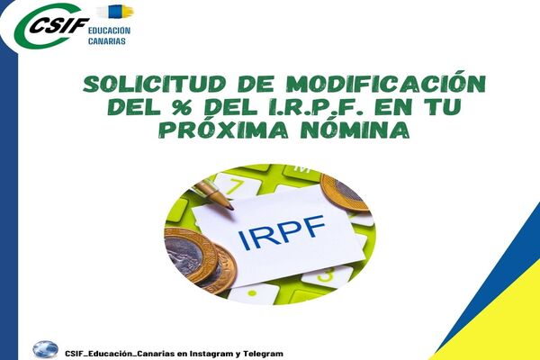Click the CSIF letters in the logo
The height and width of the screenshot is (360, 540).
[x=59, y=25]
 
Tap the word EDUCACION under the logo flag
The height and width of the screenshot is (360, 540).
[x=109, y=31]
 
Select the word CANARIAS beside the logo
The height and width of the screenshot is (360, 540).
[x=107, y=41]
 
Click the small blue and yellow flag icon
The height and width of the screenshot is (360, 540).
[x=116, y=12]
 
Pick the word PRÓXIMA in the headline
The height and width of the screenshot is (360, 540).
[x=223, y=129]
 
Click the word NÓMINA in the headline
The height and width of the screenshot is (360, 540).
[x=355, y=129]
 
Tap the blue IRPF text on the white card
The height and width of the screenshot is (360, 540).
[x=282, y=232]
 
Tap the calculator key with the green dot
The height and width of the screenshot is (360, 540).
[x=253, y=293]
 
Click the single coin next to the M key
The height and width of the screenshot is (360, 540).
[x=345, y=193]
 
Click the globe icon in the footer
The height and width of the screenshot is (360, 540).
[x=46, y=349]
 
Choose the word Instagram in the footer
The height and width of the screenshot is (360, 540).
[x=212, y=354]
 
